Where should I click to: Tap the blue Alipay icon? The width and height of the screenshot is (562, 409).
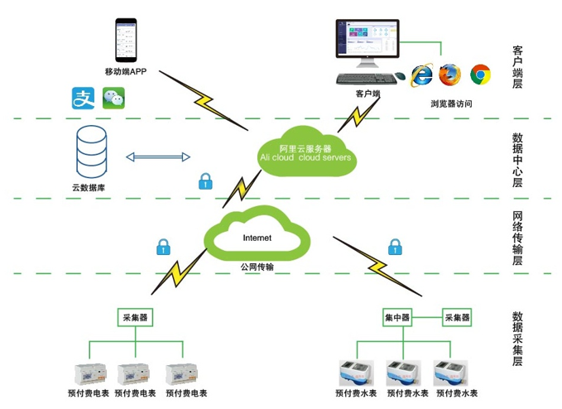point(83,99)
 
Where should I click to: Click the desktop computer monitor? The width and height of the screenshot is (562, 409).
point(367,43)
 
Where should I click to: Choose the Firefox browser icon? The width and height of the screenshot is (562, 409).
point(449,75)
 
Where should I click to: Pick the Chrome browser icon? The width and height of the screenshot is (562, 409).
point(479,75)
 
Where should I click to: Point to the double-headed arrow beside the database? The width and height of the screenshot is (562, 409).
point(157,156)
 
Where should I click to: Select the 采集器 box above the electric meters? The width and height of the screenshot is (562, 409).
point(132,317)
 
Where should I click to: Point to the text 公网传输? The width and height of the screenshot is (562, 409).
point(257,267)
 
